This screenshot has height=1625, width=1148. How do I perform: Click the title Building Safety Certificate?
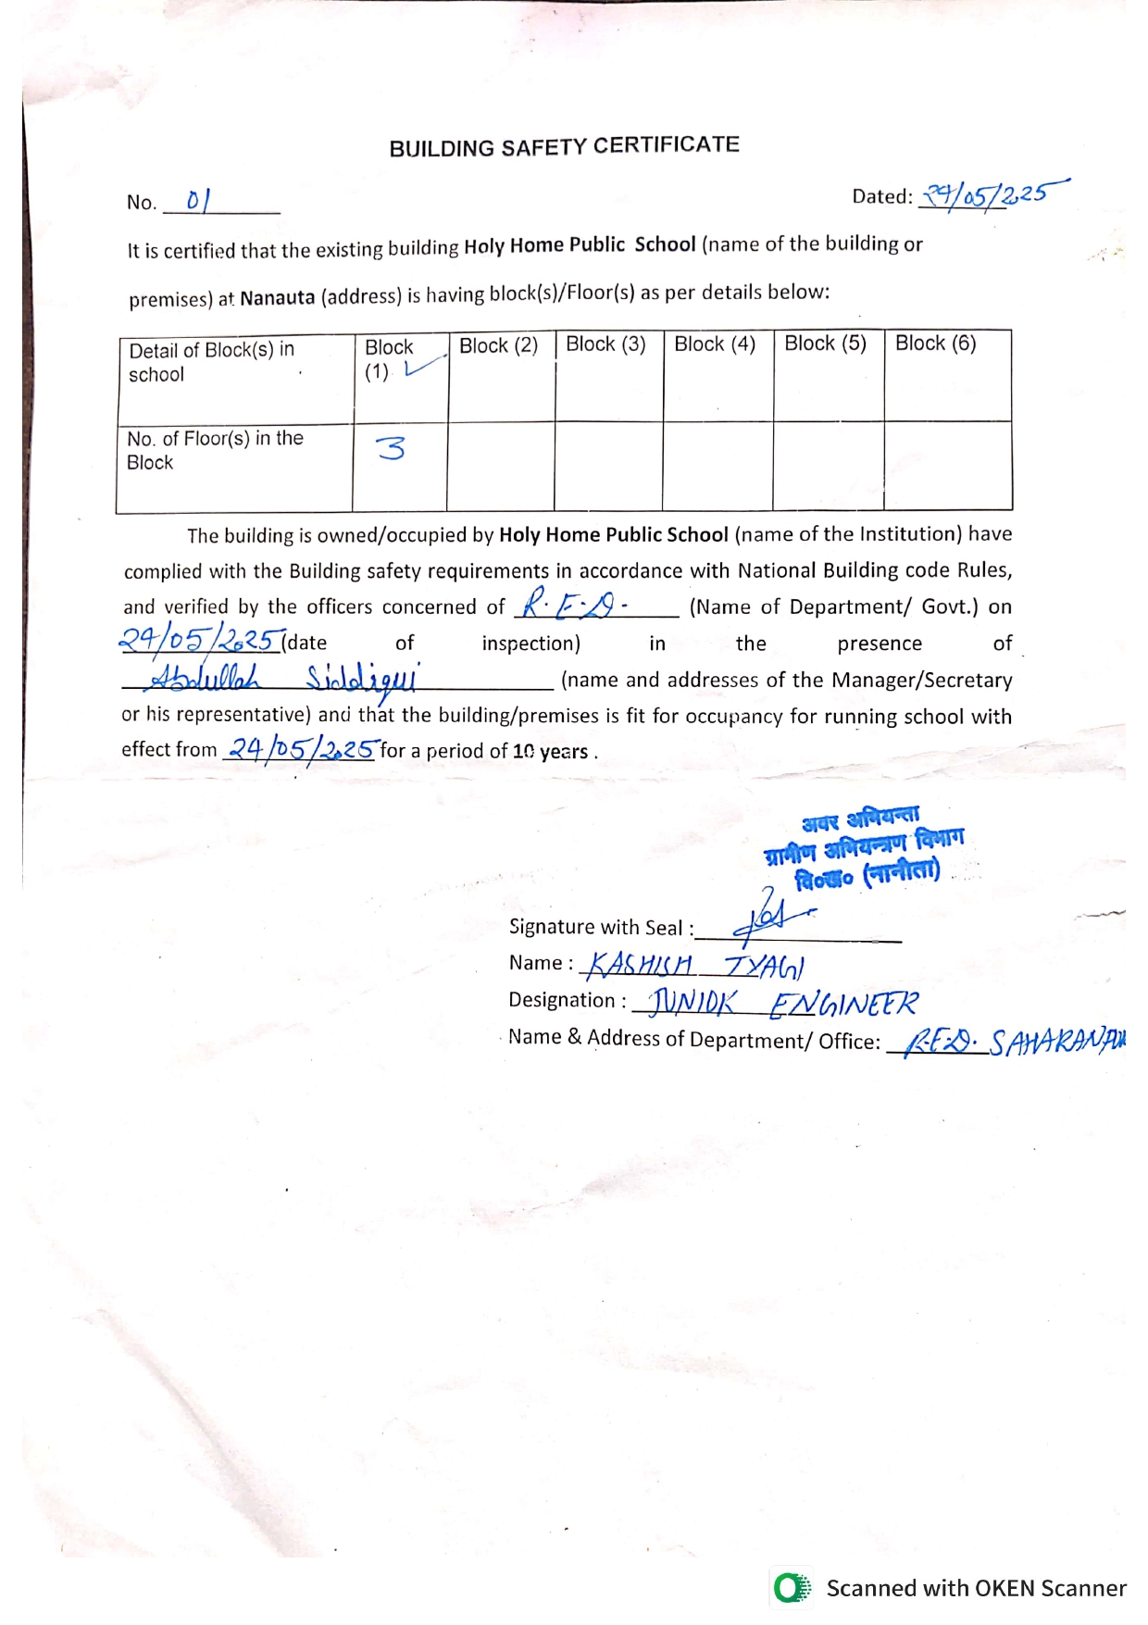pos(564,147)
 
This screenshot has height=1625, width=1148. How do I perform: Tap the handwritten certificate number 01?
pos(198,200)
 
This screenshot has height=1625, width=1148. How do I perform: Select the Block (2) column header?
pos(498,346)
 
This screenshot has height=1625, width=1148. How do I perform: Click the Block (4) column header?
pos(715,344)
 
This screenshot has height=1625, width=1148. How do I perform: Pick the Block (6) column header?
pos(935,344)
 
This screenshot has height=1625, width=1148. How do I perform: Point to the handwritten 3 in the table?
pos(391,448)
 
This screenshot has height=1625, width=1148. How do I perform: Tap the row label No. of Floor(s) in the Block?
pos(215,450)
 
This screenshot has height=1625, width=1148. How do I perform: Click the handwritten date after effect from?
pos(302,748)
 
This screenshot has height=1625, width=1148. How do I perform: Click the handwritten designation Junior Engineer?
pos(783,1003)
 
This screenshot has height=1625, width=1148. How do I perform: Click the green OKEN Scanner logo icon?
pos(792,1588)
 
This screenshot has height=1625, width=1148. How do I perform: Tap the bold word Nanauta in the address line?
pos(277,298)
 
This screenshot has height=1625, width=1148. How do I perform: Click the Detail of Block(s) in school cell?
pos(211,362)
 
